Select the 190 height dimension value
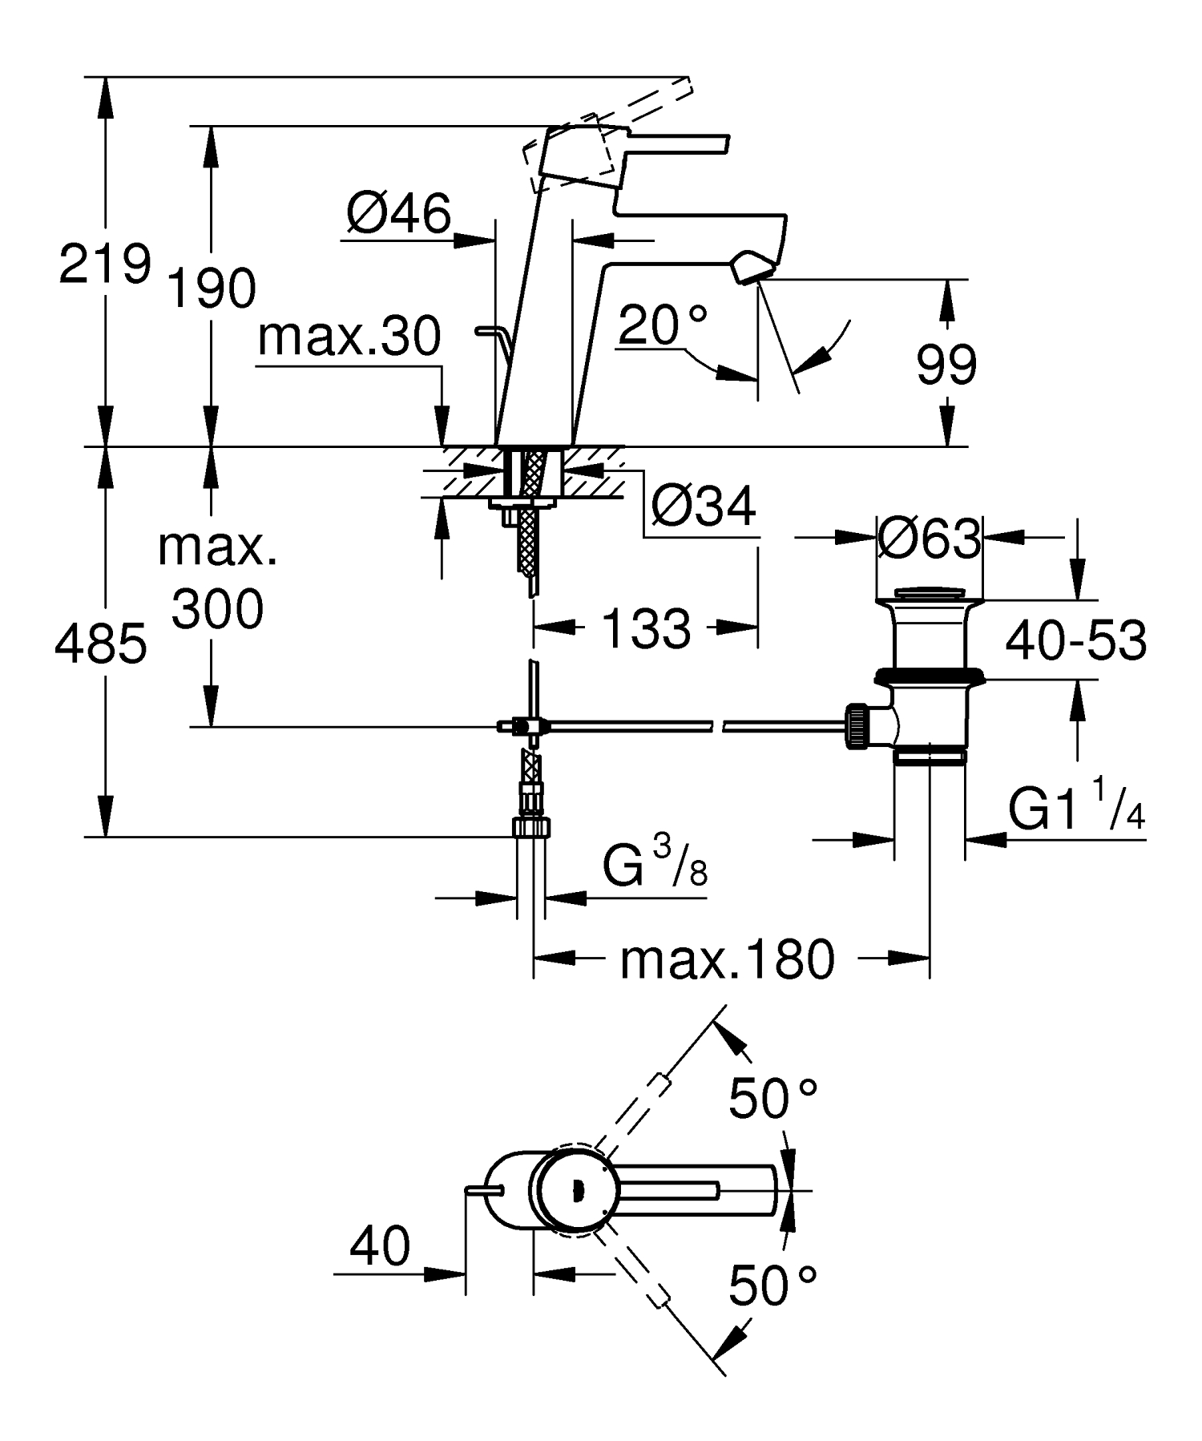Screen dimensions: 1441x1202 click(x=211, y=289)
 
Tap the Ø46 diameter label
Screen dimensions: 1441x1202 click(x=398, y=214)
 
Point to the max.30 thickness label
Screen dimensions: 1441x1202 click(x=349, y=337)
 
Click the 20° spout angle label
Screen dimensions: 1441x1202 click(x=663, y=325)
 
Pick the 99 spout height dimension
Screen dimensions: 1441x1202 click(x=946, y=365)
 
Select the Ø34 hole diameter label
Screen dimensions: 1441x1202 click(x=703, y=507)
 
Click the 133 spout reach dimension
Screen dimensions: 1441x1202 click(x=645, y=628)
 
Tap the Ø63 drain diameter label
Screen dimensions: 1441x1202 click(x=928, y=539)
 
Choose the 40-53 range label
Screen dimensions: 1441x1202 click(x=1075, y=640)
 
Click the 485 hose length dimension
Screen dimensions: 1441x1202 click(x=101, y=644)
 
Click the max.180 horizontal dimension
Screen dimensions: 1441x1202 click(x=727, y=959)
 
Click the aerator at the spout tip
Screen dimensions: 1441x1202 click(x=752, y=266)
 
